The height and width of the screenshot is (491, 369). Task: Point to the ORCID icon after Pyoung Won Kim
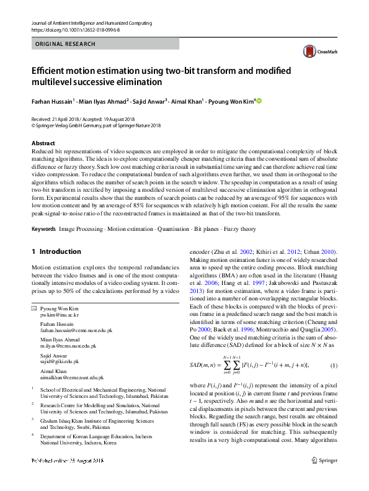[259, 101]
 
